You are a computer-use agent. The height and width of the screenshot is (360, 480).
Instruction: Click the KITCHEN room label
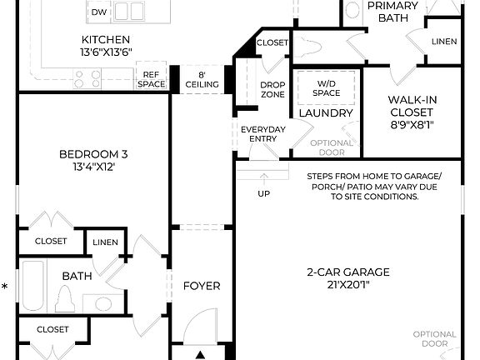pyautogui.click(x=106, y=40)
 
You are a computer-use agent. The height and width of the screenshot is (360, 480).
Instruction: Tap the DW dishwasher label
pyautogui.click(x=99, y=12)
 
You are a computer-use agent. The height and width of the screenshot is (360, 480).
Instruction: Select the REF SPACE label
pyautogui.click(x=152, y=79)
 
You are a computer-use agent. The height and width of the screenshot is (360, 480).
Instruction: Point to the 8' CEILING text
pyautogui.click(x=202, y=79)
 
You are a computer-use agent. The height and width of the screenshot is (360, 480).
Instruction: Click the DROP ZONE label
pyautogui.click(x=272, y=90)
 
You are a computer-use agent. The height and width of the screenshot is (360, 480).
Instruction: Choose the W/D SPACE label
pyautogui.click(x=327, y=87)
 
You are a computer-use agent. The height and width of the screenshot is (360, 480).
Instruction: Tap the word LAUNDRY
pyautogui.click(x=326, y=113)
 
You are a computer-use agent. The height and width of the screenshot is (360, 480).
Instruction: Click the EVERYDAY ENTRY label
pyautogui.click(x=263, y=133)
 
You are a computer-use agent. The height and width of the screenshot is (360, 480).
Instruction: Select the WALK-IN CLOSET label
pyautogui.click(x=413, y=106)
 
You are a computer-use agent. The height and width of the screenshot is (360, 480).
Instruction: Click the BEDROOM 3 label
pyautogui.click(x=93, y=153)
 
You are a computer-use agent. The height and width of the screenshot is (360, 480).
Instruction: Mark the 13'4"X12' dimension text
pyautogui.click(x=93, y=166)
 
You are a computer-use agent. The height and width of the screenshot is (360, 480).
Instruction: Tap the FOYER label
pyautogui.click(x=202, y=286)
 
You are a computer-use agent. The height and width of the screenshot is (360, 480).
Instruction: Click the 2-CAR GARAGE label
pyautogui.click(x=348, y=272)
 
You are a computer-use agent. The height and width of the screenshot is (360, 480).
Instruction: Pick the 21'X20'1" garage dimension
pyautogui.click(x=348, y=284)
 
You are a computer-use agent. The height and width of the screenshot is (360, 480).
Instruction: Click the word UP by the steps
pyautogui.click(x=263, y=193)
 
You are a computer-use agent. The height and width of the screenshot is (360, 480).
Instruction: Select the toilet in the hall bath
pyautogui.click(x=65, y=297)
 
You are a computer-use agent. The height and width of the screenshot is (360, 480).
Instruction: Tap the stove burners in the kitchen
pyautogui.click(x=82, y=78)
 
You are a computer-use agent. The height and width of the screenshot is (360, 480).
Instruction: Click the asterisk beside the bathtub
pyautogui.click(x=5, y=287)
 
